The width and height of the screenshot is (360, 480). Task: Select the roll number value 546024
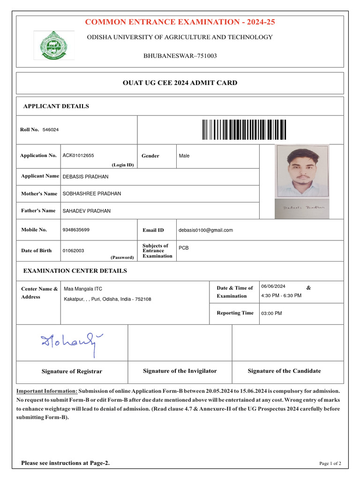pos(51,129)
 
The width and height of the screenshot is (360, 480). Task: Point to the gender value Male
pos(184,156)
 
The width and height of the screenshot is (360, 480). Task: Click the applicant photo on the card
pos(302,171)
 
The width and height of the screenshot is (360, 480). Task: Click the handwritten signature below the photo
pos(302,207)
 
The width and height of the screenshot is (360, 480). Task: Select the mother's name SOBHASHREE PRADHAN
pos(92,194)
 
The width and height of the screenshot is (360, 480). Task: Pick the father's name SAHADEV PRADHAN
pos(87,211)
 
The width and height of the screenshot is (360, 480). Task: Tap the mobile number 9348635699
pos(76,230)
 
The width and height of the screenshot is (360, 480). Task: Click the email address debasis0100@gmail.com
pos(205,230)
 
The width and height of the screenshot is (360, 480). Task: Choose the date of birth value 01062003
pos(74,251)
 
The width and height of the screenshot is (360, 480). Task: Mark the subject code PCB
pos(184,247)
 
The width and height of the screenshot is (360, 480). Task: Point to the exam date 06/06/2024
pos(273,286)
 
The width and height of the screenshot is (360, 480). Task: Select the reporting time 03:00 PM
pos(272,314)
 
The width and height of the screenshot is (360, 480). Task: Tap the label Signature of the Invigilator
pos(180,371)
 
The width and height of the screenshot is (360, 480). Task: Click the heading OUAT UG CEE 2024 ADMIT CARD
pos(180,83)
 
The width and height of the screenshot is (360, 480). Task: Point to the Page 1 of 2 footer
pos(330,464)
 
